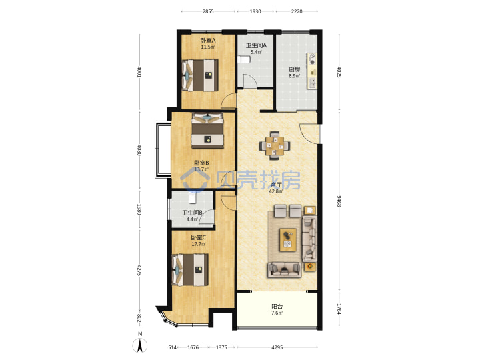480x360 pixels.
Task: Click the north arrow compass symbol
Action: (139, 345)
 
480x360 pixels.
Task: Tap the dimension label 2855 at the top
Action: (208, 11)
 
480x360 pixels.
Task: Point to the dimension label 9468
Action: (339, 201)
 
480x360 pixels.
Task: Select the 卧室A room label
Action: (208, 41)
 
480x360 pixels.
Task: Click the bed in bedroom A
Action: (200, 75)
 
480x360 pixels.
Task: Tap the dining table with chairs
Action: (274, 145)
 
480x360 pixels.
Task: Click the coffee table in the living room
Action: (287, 240)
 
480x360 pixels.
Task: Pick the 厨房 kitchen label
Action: (294, 69)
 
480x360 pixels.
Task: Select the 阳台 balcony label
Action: (277, 307)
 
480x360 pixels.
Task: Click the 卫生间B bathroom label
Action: (192, 213)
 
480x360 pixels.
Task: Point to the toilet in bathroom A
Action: (244, 59)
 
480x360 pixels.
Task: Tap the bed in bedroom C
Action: (190, 270)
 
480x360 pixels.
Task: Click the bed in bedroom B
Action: (207, 131)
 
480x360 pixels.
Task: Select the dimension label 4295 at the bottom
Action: (277, 347)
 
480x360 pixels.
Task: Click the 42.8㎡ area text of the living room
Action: (276, 191)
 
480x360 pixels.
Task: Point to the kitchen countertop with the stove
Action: (312, 71)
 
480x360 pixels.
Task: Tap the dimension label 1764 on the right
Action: (339, 309)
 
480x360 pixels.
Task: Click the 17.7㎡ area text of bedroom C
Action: (199, 244)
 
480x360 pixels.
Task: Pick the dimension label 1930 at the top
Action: (255, 11)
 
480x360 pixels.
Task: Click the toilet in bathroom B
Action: (192, 198)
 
